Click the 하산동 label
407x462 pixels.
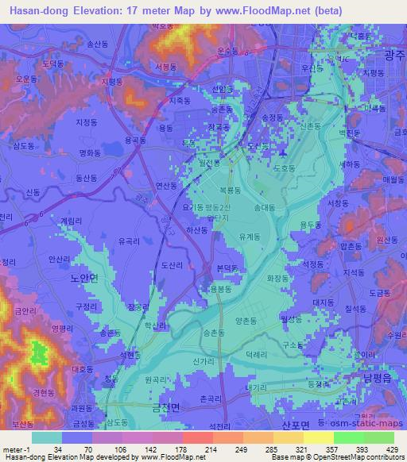pyautogui.click(x=196, y=230)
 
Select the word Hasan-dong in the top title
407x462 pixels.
pyautogui.click(x=30, y=8)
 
